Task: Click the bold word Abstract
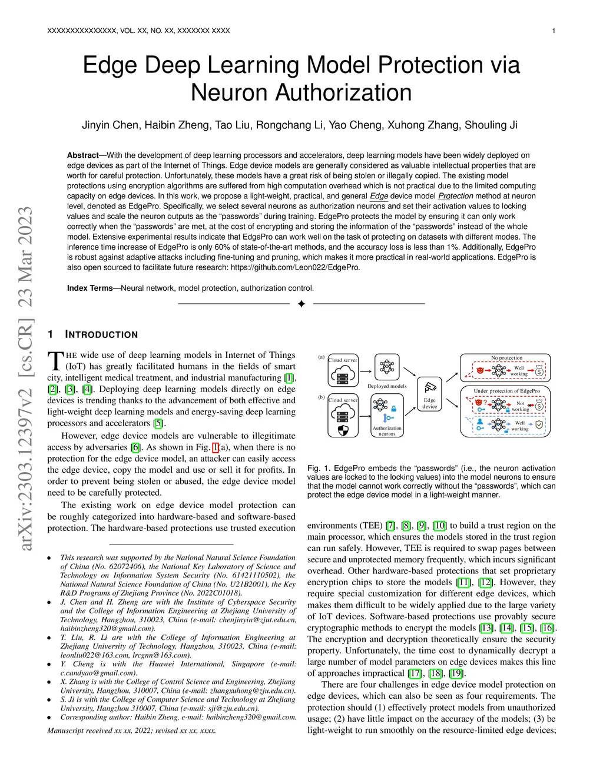82,155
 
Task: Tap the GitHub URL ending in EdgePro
295,267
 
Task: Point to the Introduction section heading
101,335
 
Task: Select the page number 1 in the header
554,31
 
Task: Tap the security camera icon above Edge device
430,387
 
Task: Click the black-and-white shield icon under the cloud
343,430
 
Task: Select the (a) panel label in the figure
322,357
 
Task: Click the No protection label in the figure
506,358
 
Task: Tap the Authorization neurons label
387,431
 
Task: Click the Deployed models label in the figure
387,386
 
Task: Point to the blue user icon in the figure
480,421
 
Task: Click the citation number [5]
158,423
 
